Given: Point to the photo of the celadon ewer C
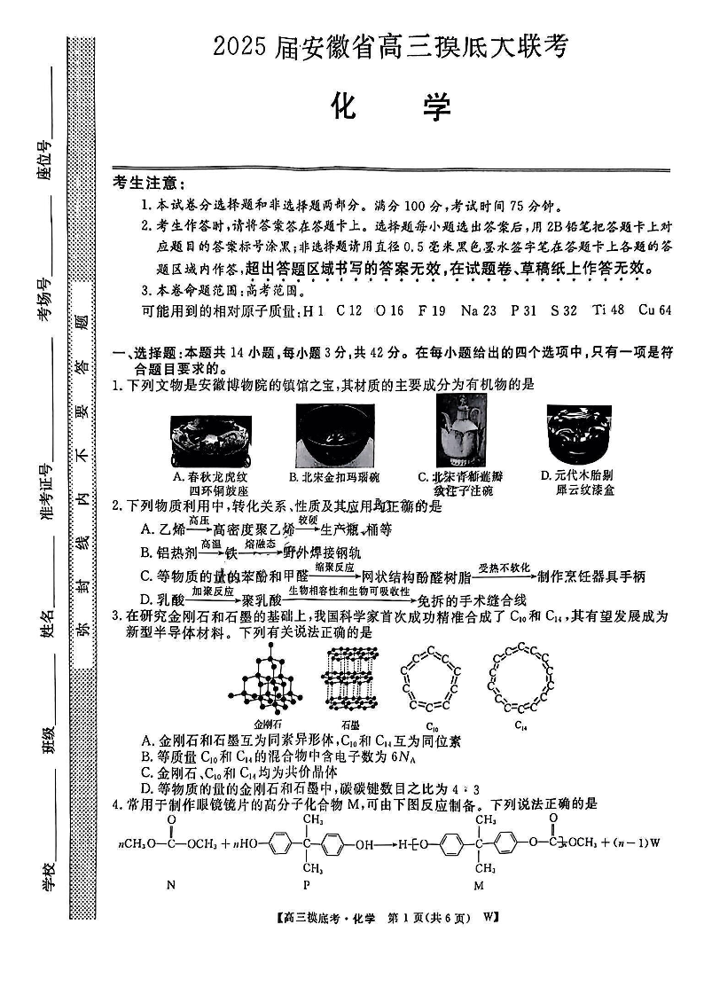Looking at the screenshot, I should tap(460, 431).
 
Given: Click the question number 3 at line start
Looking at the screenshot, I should tap(115, 616).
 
